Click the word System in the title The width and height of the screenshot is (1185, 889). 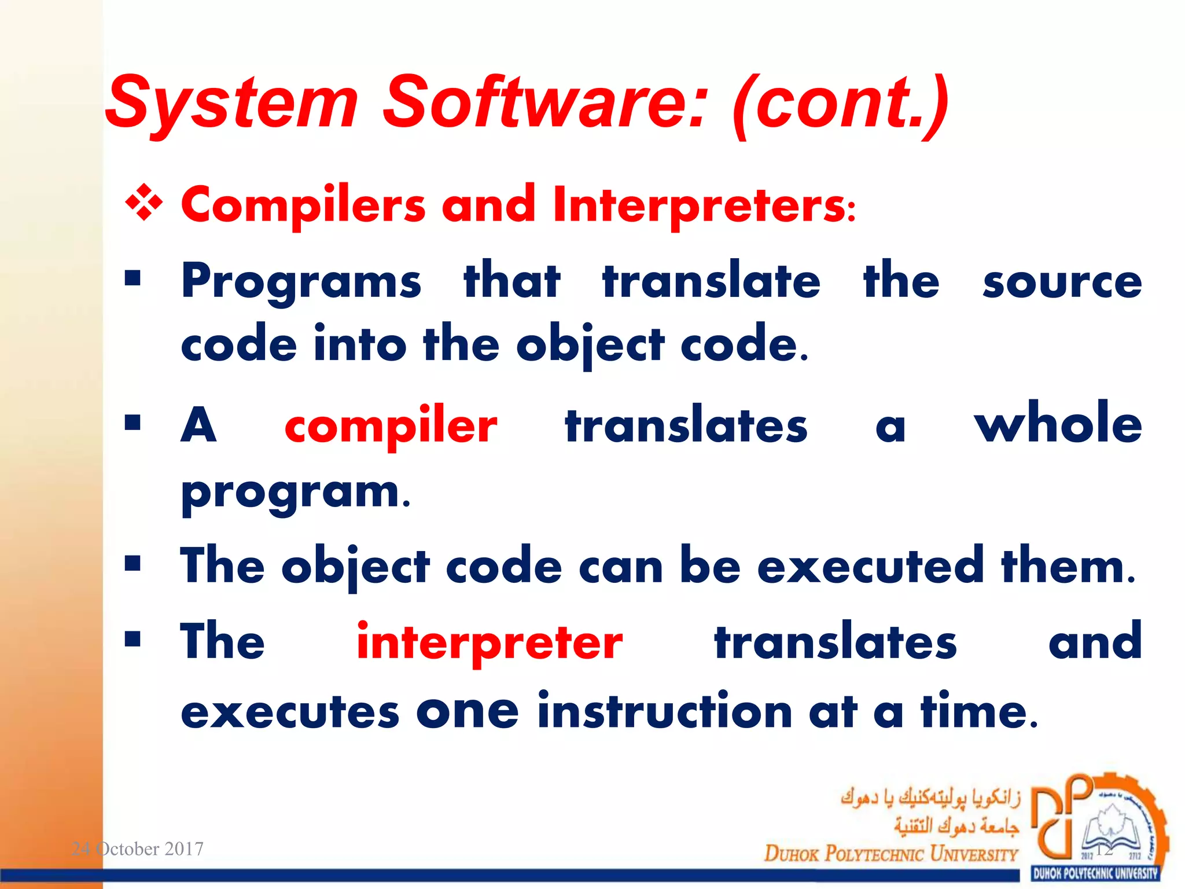tap(231, 103)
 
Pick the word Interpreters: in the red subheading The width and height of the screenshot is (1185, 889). tap(704, 205)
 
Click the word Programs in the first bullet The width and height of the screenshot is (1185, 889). tap(301, 282)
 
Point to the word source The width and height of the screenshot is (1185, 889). tap(1062, 282)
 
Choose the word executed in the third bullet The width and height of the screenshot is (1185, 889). tap(871, 566)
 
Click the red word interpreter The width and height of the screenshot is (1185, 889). tap(489, 642)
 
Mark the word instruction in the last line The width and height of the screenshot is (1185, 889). tap(664, 712)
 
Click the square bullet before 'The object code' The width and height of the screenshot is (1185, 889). tap(133, 563)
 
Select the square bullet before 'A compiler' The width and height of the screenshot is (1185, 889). tap(133, 423)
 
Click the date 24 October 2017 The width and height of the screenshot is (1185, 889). tap(137, 848)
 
